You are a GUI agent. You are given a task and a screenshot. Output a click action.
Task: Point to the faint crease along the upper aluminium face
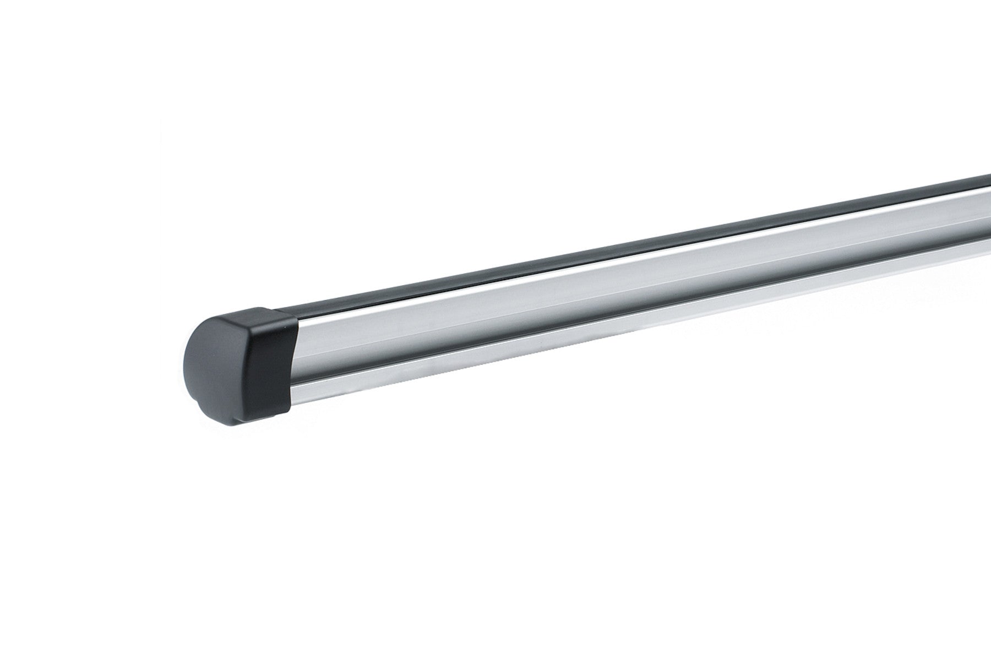tap(495, 316)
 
